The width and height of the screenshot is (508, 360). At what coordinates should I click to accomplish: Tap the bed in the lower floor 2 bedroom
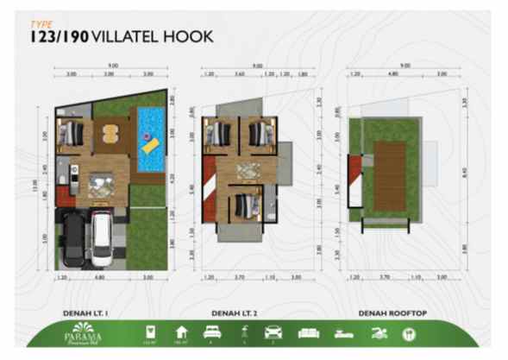(x=244, y=205)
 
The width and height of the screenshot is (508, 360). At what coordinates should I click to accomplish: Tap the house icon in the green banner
(x=180, y=333)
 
